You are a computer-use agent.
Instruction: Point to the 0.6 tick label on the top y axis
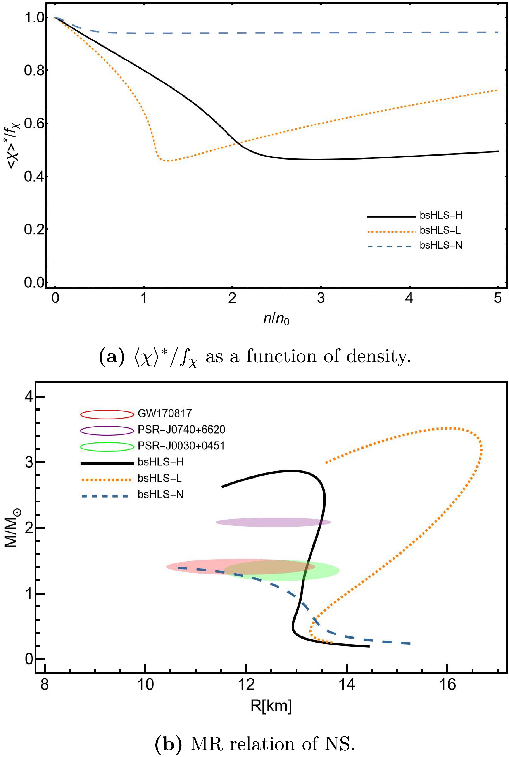click(x=34, y=124)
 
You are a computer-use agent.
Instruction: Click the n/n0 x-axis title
click(x=276, y=320)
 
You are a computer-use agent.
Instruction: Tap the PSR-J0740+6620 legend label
click(x=181, y=429)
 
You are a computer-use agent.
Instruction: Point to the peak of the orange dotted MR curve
click(x=447, y=428)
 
